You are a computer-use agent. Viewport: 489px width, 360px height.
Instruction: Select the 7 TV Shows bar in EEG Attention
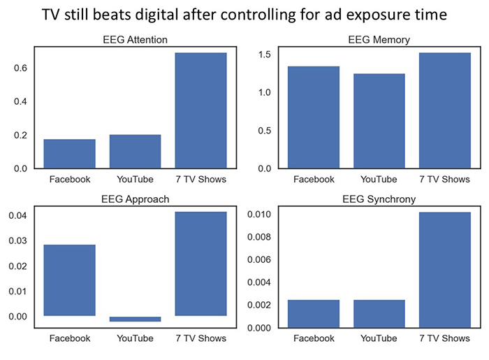(x=200, y=110)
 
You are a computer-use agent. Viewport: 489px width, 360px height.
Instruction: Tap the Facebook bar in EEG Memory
(x=314, y=117)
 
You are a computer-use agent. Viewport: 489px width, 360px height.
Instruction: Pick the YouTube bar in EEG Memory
(x=379, y=121)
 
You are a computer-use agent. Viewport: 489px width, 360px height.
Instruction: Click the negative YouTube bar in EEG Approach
(x=135, y=319)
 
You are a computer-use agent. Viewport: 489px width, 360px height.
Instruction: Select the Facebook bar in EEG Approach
(x=70, y=280)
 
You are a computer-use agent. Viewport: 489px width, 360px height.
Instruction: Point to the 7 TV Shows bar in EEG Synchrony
(x=445, y=270)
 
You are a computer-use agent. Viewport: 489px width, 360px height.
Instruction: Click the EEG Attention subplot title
(x=135, y=40)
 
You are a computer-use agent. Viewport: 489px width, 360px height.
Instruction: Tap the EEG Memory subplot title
(x=379, y=40)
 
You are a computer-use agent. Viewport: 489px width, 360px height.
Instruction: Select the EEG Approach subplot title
(x=135, y=199)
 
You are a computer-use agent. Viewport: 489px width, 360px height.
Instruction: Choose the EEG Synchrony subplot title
(x=379, y=199)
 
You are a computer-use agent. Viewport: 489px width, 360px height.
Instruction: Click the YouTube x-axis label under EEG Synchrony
(x=379, y=338)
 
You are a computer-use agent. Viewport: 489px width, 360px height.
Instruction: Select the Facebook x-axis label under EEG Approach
(x=70, y=338)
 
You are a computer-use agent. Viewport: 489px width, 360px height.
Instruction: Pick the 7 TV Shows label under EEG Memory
(x=445, y=180)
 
